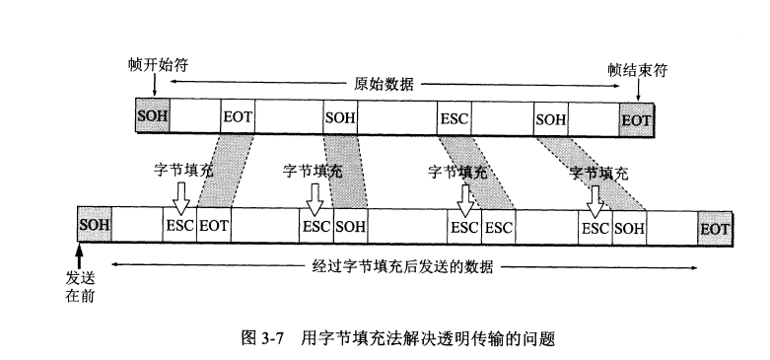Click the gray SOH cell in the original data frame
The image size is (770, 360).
153,117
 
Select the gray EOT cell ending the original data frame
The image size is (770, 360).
636,119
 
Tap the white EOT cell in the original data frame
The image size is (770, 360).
239,118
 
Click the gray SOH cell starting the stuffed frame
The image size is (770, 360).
95,226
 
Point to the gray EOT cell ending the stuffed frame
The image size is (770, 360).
715,227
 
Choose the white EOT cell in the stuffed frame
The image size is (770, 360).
214,226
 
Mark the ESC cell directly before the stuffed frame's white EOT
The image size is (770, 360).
180,226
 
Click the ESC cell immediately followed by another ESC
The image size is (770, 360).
464,226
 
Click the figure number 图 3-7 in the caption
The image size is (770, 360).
263,338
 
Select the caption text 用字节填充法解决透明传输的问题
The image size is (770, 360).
429,338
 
